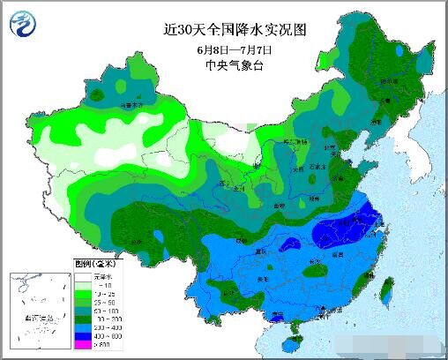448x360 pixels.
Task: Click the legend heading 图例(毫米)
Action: tap(89, 263)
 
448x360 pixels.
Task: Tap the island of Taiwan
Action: tap(386, 287)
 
